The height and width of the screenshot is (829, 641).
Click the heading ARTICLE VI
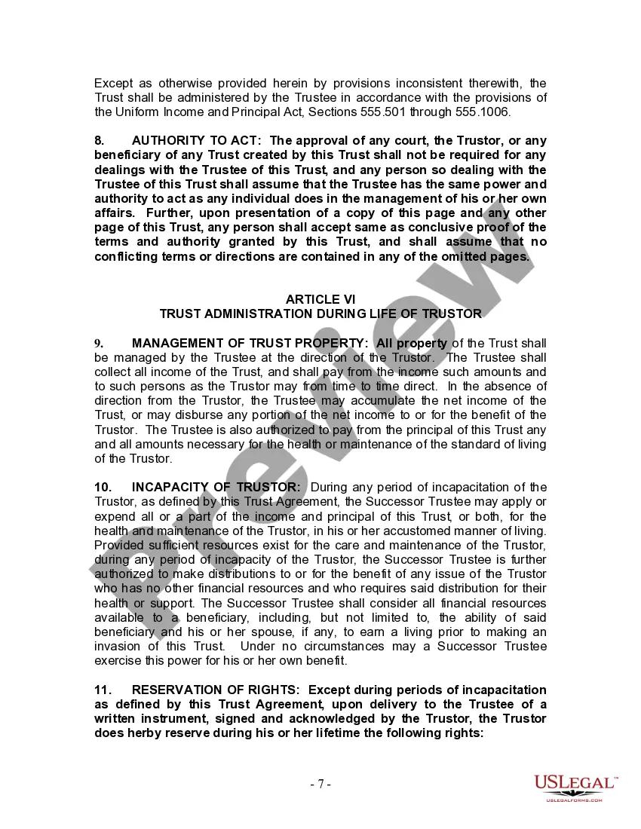(x=320, y=299)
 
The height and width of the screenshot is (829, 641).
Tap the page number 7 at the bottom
(x=320, y=784)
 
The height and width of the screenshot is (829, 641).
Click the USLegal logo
(x=575, y=788)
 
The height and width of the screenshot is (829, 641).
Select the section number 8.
(x=99, y=141)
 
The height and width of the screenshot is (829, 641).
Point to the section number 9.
(x=98, y=344)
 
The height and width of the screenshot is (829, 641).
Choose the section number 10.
(x=102, y=488)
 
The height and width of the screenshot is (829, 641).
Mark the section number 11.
(x=102, y=690)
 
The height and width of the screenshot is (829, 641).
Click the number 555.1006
(x=483, y=112)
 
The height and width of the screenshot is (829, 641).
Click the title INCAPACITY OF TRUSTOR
(x=216, y=488)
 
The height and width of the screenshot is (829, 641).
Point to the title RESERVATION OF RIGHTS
(x=216, y=690)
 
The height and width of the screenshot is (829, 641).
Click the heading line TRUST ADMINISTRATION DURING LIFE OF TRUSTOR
(x=320, y=314)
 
